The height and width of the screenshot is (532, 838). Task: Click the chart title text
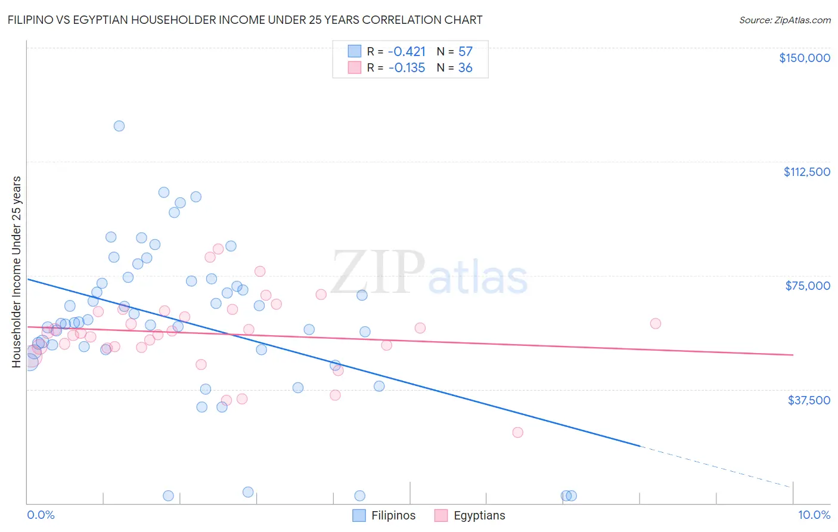[245, 20]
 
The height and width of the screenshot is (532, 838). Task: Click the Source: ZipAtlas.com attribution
[784, 20]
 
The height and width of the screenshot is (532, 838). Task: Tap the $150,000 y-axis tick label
[804, 58]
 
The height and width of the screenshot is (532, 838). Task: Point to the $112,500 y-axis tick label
[806, 172]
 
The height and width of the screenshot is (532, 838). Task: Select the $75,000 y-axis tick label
[808, 286]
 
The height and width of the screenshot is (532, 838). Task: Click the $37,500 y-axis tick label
[808, 400]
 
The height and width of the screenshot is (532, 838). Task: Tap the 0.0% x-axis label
[41, 515]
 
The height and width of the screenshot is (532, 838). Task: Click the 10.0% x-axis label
[814, 515]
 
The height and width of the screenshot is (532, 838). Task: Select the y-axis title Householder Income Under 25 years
[17, 271]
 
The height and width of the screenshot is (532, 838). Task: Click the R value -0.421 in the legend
[406, 52]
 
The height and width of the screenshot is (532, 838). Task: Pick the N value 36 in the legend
[465, 68]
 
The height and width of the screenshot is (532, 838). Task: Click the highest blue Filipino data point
[119, 126]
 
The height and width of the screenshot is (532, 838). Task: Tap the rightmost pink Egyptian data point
[656, 323]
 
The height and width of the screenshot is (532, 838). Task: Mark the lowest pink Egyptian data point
[517, 432]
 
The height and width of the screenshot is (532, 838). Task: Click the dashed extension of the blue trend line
[715, 466]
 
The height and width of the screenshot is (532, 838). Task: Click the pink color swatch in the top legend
[355, 68]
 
